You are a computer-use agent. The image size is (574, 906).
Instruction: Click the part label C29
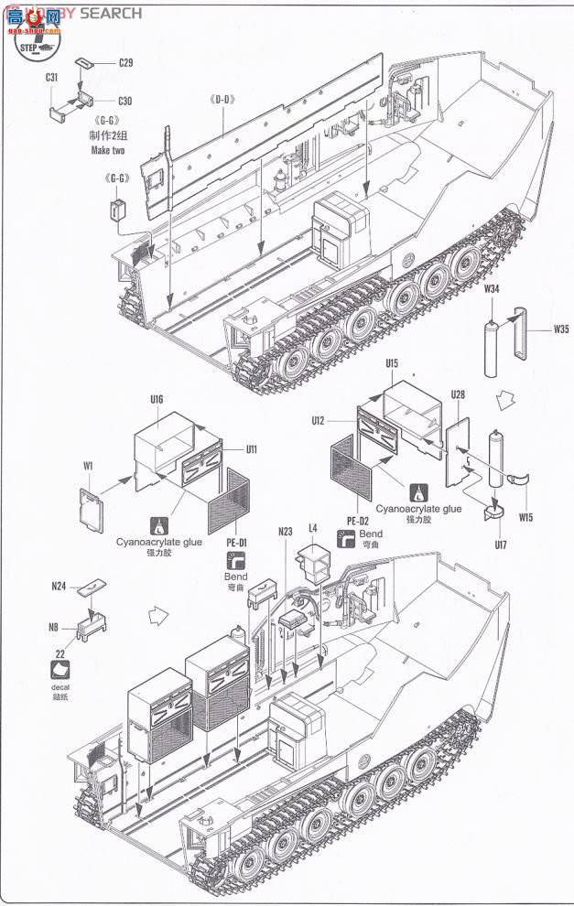pyautogui.click(x=126, y=63)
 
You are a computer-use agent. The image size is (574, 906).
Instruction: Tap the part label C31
pyautogui.click(x=52, y=79)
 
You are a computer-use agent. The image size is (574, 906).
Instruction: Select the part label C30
pyautogui.click(x=125, y=101)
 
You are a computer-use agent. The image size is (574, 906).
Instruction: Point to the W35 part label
pyautogui.click(x=559, y=329)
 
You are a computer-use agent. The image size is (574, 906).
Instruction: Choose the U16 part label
pyautogui.click(x=156, y=400)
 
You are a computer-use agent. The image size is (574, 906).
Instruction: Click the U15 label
pyautogui.click(x=392, y=363)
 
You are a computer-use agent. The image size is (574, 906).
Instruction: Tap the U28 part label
pyautogui.click(x=458, y=394)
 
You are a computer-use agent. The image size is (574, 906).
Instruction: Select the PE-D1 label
pyautogui.click(x=236, y=543)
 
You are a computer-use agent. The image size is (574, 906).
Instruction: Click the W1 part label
pyautogui.click(x=88, y=466)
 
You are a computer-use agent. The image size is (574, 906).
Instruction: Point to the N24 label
pyautogui.click(x=60, y=585)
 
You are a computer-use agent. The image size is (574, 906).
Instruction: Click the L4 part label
pyautogui.click(x=313, y=528)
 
